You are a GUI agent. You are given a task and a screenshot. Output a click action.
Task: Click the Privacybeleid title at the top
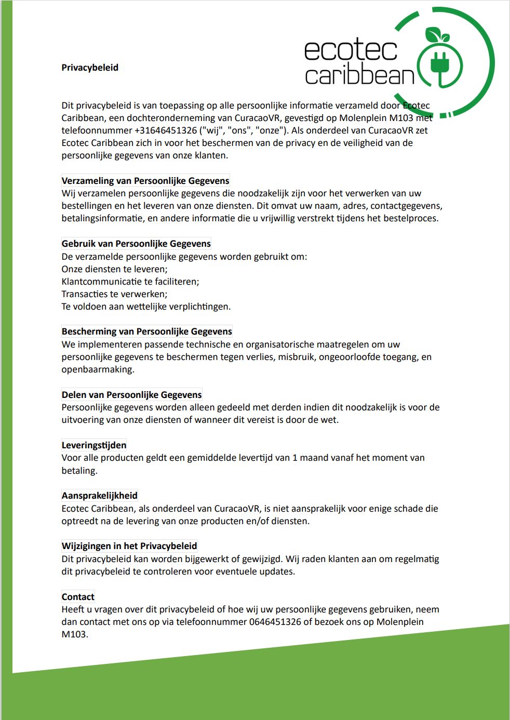(x=90, y=68)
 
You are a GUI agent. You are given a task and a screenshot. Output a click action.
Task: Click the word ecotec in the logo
(x=351, y=50)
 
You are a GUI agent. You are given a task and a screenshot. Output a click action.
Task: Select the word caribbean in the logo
(x=359, y=76)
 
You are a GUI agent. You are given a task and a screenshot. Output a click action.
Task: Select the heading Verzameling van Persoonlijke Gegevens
(x=145, y=181)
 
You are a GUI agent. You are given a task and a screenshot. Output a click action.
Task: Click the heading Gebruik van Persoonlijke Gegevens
(x=136, y=244)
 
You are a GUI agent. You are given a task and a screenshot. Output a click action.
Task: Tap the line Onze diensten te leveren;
(x=114, y=269)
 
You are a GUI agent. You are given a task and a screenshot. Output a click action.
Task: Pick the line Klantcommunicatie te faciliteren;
(x=130, y=282)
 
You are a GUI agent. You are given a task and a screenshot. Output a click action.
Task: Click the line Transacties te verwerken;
(x=114, y=294)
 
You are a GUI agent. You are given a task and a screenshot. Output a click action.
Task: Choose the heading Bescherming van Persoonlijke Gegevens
(x=147, y=331)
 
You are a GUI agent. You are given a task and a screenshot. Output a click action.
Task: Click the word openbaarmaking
(x=98, y=369)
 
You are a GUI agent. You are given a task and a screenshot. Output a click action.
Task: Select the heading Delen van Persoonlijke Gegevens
(x=131, y=395)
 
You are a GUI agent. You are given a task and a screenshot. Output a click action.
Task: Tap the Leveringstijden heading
(x=94, y=445)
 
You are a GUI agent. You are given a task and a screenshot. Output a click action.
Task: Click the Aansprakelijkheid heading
(x=99, y=496)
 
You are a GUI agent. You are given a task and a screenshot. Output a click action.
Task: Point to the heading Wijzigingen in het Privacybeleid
(x=129, y=546)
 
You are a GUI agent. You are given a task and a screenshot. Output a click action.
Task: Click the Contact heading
(x=78, y=597)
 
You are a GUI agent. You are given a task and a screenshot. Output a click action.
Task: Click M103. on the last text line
(x=75, y=634)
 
